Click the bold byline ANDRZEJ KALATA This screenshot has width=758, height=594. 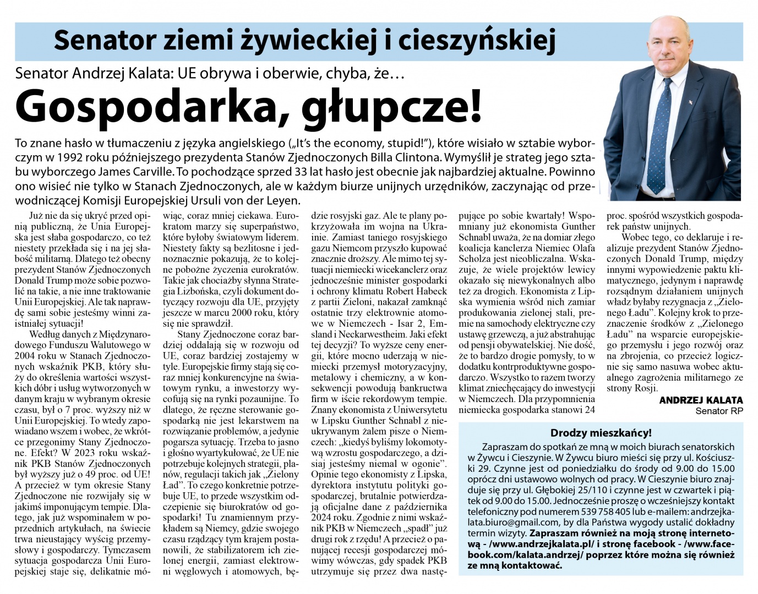pyautogui.click(x=701, y=400)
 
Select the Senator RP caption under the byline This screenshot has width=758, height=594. pyautogui.click(x=719, y=411)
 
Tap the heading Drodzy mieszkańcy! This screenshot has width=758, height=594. pyautogui.click(x=601, y=433)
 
